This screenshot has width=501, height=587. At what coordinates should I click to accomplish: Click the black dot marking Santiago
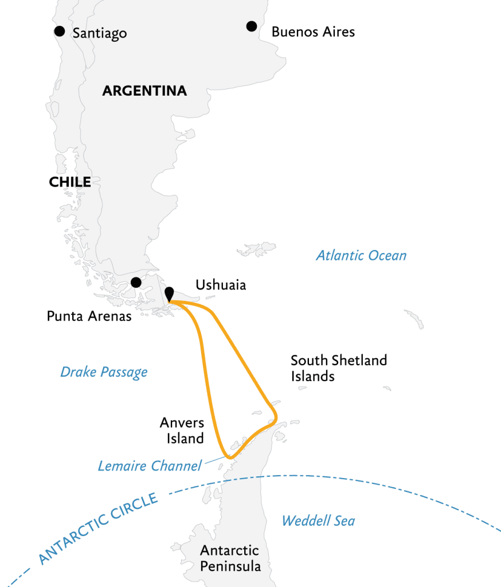(x=59, y=31)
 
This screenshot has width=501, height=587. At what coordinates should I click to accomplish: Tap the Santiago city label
(x=100, y=34)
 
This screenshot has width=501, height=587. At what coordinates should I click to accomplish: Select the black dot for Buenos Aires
(x=251, y=26)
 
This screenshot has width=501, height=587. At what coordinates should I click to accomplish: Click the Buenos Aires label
(x=313, y=32)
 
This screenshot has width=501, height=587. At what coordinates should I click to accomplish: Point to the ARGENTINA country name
(x=144, y=91)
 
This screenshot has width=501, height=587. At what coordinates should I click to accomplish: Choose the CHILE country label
(x=70, y=182)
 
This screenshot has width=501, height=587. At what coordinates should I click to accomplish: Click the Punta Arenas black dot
(x=136, y=282)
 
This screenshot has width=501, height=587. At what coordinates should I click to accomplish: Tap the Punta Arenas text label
(x=89, y=316)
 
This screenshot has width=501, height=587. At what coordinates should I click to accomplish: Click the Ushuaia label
(x=221, y=285)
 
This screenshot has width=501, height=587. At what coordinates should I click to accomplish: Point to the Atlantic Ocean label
(x=361, y=256)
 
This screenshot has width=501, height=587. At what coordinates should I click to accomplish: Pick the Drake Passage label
(x=104, y=372)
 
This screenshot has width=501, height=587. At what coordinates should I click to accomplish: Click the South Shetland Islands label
(x=339, y=368)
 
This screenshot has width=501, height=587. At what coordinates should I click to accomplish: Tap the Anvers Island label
(x=182, y=431)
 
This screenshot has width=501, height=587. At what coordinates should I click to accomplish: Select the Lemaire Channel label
(x=150, y=465)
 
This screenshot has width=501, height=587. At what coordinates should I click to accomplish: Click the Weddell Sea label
(x=318, y=521)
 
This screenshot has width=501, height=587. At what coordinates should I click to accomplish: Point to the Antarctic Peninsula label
(x=230, y=558)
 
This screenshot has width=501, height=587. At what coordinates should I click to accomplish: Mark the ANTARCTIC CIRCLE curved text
(x=98, y=529)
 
